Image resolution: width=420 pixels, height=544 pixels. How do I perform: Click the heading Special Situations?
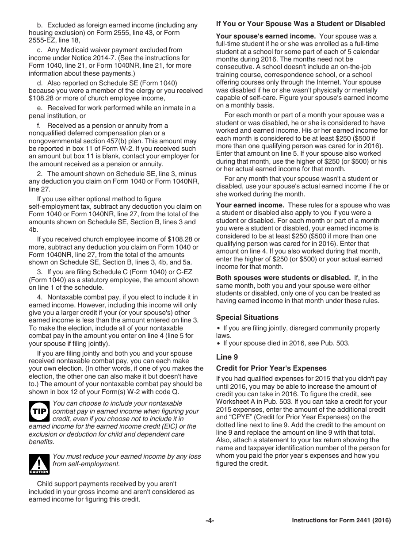pos(247,317)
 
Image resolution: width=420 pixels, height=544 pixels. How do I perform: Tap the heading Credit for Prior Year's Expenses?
pos(271,368)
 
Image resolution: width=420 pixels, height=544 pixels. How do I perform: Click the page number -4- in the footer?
pos(210,521)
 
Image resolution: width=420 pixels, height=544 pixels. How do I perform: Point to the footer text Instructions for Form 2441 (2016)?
pos(341,521)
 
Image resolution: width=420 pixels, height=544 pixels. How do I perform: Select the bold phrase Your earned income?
pos(250,205)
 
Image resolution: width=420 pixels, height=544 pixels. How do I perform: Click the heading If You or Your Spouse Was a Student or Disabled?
pos(300,24)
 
